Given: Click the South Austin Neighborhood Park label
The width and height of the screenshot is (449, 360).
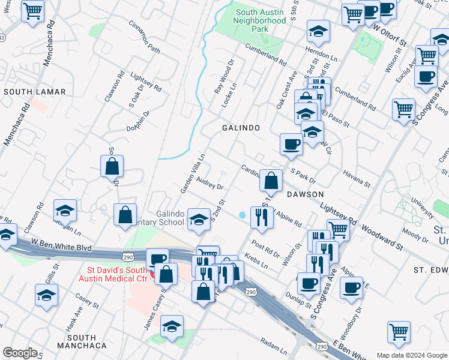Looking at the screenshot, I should (x=261, y=20).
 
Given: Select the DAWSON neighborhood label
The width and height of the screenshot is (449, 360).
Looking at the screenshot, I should (x=305, y=194).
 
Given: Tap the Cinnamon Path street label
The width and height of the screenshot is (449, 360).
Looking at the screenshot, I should (x=145, y=37).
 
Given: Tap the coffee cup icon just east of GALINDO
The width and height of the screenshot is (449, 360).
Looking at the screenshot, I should (x=292, y=144).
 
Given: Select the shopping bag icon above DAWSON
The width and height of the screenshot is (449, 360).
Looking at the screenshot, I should (x=271, y=180).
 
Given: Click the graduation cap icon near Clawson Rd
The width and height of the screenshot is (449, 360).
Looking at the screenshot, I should (x=65, y=210).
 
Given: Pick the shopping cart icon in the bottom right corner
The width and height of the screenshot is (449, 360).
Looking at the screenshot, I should (x=399, y=332).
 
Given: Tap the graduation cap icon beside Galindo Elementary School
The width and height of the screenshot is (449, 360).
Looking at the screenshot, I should (x=199, y=219).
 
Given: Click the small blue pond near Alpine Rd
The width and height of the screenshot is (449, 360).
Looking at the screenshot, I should (x=242, y=215).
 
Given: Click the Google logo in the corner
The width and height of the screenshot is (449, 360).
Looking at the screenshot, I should (x=20, y=353).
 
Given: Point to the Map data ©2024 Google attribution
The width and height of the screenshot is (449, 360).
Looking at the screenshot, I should (x=411, y=355).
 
